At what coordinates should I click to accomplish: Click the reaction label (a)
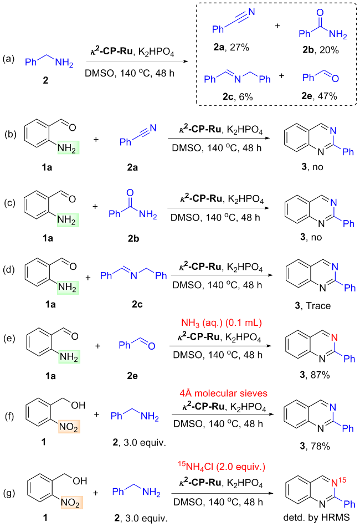coord(9,59)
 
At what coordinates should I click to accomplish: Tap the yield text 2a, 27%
coord(231,48)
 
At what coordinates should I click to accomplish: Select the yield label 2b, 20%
coord(320,50)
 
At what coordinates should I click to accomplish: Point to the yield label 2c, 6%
coord(238,97)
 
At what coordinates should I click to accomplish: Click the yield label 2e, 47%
coord(319,96)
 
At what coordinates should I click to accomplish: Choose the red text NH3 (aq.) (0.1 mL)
coord(222,323)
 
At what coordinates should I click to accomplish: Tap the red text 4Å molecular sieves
coord(223,393)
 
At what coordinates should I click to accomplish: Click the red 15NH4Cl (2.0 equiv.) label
coord(222,467)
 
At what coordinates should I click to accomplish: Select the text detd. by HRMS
coord(316,517)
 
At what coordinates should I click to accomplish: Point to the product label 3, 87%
coord(315,375)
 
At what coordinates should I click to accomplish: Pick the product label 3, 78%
coord(315,446)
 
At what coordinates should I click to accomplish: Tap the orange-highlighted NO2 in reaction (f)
coord(69,427)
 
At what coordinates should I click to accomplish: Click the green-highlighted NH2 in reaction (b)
coord(68,148)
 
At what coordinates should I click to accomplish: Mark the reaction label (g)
coord(9,493)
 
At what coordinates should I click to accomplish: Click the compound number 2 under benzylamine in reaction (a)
coord(45,80)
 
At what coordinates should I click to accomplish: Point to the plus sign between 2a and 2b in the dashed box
coord(277,26)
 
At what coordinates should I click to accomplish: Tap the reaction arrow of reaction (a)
coord(137,62)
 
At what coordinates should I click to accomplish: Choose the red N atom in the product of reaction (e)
coord(334,338)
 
